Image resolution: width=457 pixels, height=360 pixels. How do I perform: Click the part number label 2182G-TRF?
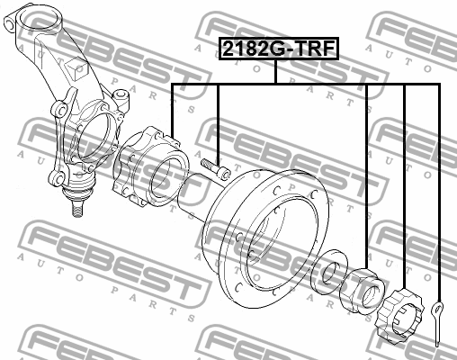277,49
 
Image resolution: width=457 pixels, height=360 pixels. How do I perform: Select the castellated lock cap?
404,317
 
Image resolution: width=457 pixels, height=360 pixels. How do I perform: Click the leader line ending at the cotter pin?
438,180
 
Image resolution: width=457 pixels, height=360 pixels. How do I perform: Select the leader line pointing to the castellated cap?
404,180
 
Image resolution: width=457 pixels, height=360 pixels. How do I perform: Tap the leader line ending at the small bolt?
219,117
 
